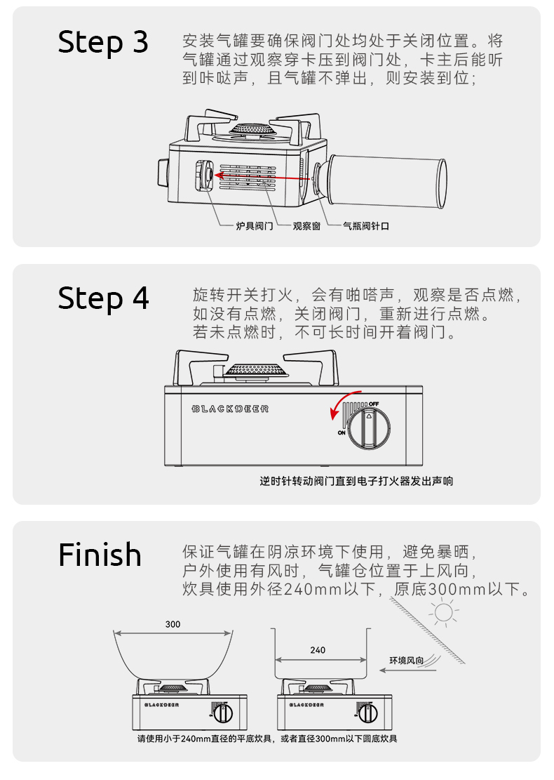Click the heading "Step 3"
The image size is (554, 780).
point(103,42)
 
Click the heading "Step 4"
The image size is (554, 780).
point(103,298)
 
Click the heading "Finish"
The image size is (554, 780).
point(100,555)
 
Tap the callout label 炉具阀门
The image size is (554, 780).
point(255,226)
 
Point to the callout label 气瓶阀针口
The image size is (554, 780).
point(365,226)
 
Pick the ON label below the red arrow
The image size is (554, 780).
point(342,432)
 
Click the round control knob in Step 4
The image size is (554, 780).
point(370,426)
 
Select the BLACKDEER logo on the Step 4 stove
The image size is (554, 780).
point(230,409)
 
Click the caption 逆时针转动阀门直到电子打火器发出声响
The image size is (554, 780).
point(356,481)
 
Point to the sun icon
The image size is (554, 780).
point(443,613)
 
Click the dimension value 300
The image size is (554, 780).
point(173,624)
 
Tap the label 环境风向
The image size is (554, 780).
point(407,661)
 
